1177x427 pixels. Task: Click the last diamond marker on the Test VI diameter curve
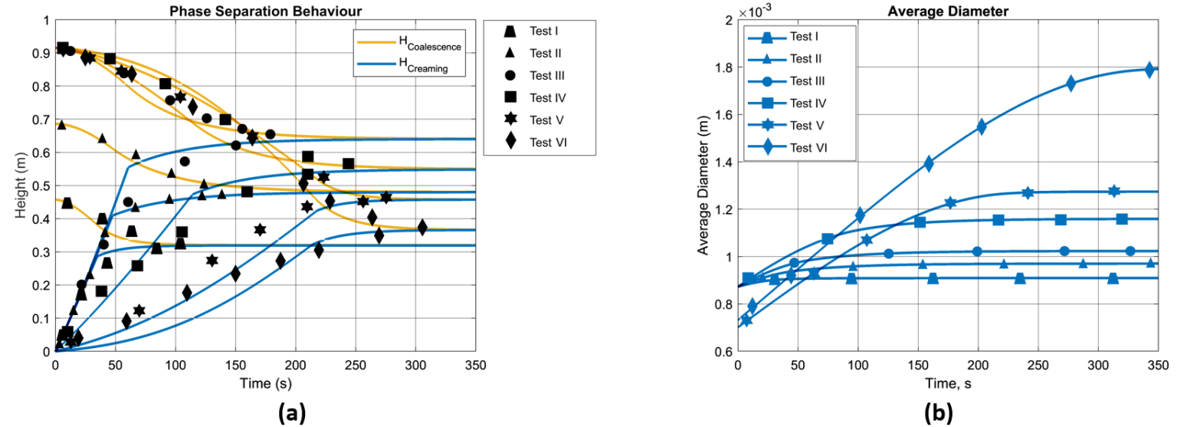coord(1149,70)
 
